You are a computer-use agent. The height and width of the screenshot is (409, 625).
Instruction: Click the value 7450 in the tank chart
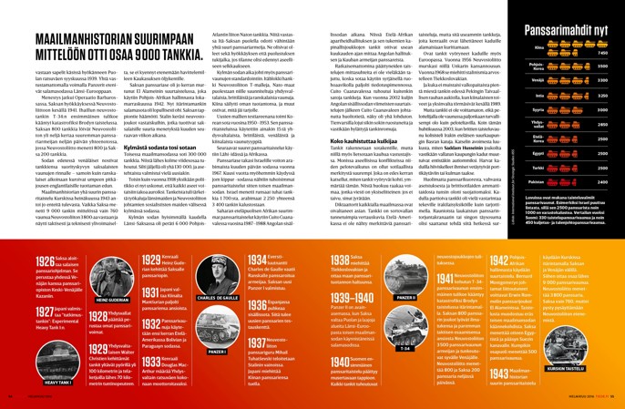[602, 54]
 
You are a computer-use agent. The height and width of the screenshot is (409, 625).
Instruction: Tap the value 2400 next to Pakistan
[602, 181]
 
